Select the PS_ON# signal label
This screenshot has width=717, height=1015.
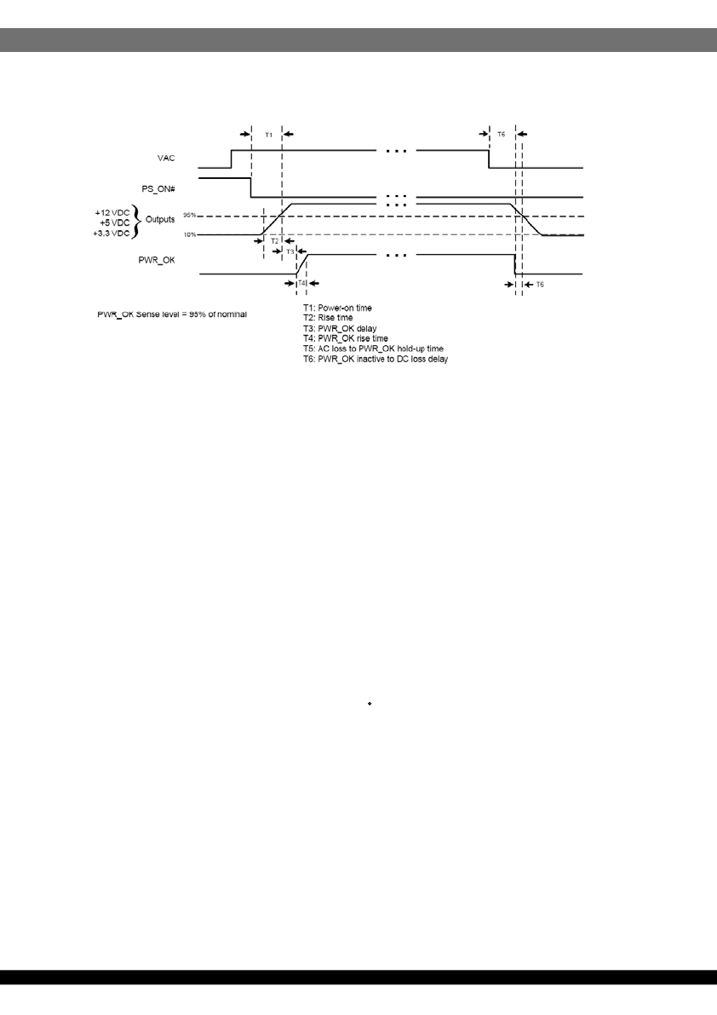tap(159, 187)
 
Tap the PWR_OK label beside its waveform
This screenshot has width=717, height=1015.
tap(157, 259)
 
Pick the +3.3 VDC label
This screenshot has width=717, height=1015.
tap(112, 233)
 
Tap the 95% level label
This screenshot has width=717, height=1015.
tap(189, 215)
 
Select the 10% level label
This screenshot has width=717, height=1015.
tap(189, 234)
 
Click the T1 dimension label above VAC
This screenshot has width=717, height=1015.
tap(267, 135)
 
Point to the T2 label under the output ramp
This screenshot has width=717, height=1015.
tap(274, 241)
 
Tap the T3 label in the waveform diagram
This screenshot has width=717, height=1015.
tap(290, 251)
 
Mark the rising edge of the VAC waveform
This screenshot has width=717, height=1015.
tap(232, 159)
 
